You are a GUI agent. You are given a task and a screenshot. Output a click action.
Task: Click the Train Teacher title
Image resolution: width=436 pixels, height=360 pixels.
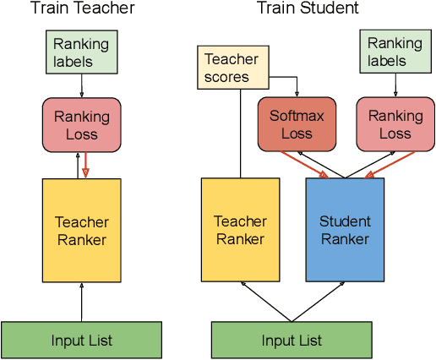(x=82, y=9)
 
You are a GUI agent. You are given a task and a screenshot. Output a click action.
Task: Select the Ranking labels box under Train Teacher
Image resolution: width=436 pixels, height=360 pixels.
(x=82, y=52)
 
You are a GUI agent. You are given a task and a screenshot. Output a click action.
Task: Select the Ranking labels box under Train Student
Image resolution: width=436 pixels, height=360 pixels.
(x=395, y=52)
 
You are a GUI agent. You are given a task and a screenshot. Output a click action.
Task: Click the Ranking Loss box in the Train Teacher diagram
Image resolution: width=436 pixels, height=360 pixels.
(x=82, y=123)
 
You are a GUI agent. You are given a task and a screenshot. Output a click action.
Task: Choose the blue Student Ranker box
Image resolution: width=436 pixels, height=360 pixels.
(x=345, y=230)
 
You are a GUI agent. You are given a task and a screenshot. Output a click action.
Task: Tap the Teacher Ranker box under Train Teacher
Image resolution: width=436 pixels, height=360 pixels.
(x=82, y=230)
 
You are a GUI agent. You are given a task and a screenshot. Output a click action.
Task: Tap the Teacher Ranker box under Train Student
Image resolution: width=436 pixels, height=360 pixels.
(x=240, y=230)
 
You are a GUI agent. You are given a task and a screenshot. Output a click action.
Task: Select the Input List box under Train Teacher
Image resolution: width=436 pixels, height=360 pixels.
(x=82, y=341)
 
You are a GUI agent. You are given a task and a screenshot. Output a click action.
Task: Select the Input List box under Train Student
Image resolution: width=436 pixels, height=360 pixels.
(x=292, y=341)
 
